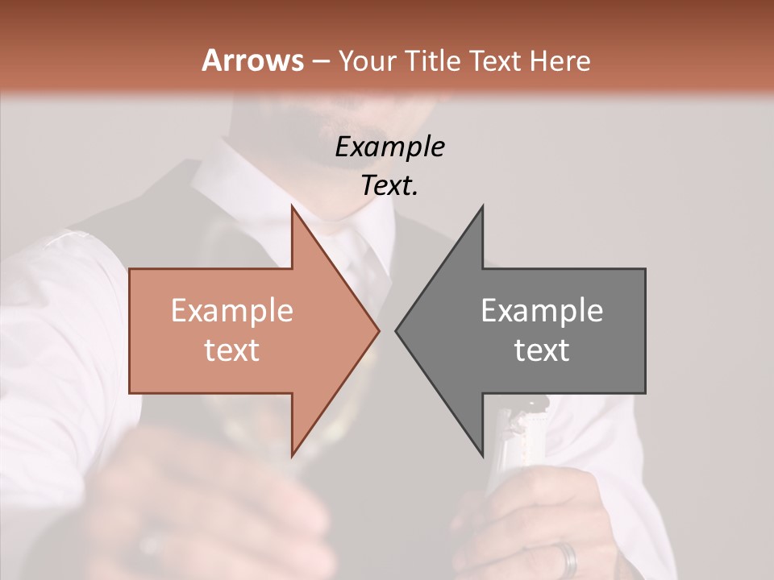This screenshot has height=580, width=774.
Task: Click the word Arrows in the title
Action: pyautogui.click(x=252, y=60)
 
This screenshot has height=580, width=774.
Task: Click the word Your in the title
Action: pyautogui.click(x=368, y=60)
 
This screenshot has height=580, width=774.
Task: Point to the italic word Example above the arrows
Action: pyautogui.click(x=389, y=147)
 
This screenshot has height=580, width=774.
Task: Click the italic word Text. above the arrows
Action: pyautogui.click(x=389, y=185)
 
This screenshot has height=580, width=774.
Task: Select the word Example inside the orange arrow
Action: pyautogui.click(x=231, y=310)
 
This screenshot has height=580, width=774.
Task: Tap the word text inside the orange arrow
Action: pyautogui.click(x=231, y=350)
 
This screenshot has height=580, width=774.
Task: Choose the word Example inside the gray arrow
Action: pyautogui.click(x=542, y=310)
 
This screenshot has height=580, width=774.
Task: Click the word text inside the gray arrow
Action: pyautogui.click(x=542, y=350)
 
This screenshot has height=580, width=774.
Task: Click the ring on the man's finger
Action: pyautogui.click(x=569, y=557)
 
